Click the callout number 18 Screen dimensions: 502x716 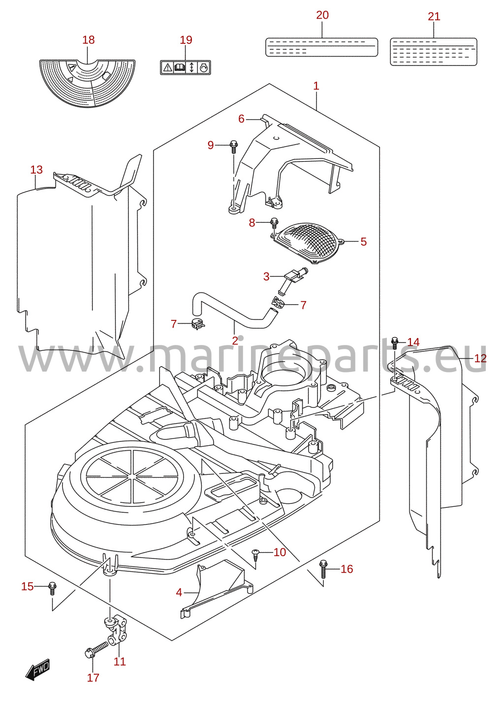[x=89, y=40]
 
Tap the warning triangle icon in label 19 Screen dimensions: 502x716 [x=167, y=68]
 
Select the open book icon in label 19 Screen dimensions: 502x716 [x=180, y=68]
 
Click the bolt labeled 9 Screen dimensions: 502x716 [x=234, y=147]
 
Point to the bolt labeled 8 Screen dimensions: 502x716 [x=274, y=222]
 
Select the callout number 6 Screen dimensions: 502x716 [x=241, y=119]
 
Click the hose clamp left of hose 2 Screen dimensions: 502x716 [x=198, y=325]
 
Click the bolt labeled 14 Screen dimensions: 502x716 [x=395, y=343]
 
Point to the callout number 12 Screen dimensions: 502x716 [x=480, y=358]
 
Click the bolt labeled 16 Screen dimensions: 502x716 [x=323, y=569]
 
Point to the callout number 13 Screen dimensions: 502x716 [x=36, y=170]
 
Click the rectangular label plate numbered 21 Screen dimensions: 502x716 [x=433, y=52]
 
